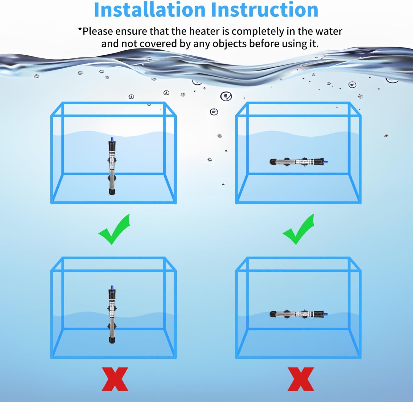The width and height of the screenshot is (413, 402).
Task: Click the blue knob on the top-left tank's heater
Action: pos(112,139)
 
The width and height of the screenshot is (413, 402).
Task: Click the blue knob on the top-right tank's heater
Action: pos(326,162)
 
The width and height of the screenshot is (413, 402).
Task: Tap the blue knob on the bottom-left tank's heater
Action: pos(112,288)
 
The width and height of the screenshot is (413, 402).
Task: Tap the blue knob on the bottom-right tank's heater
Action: pos(326,314)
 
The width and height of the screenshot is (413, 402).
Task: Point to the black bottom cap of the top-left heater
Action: pos(112,192)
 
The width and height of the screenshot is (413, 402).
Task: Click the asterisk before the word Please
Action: pos(80,30)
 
